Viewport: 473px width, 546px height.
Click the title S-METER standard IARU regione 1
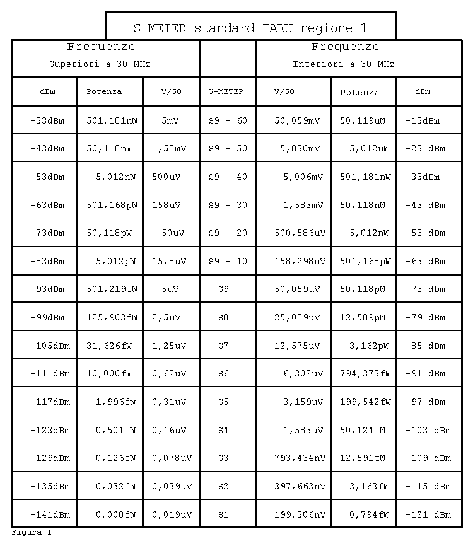(250, 28)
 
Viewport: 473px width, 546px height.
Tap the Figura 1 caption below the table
(31, 533)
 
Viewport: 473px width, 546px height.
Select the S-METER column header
(226, 91)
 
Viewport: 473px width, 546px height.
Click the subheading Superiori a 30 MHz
(100, 64)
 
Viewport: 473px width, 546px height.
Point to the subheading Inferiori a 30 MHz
(344, 64)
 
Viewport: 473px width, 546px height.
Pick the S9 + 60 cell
(228, 120)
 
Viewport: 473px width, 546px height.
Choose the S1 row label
(223, 514)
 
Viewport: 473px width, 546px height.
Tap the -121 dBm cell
(428, 514)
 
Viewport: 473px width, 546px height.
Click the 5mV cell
(171, 120)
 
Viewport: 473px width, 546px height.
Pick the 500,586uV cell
(300, 233)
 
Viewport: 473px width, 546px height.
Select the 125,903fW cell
(112, 318)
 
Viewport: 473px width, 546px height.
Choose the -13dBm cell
(422, 120)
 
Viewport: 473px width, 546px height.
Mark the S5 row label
(223, 402)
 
